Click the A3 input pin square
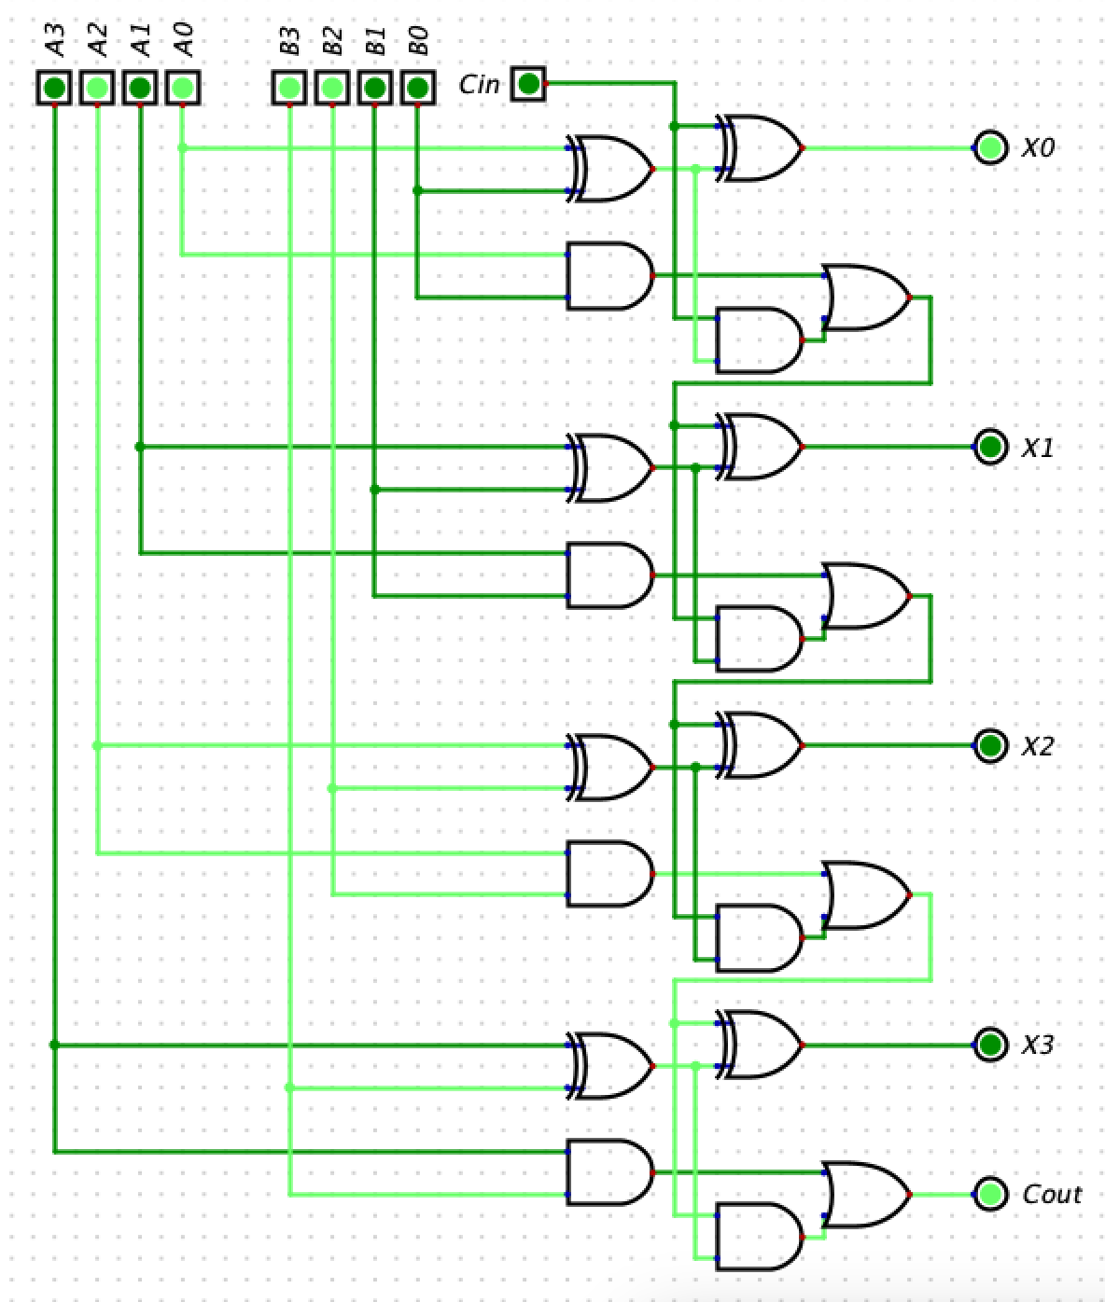[x=54, y=89]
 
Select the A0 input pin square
[x=183, y=89]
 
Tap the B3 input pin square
[x=289, y=89]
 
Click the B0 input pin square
[x=418, y=89]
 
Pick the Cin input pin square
[x=528, y=84]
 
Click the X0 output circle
[x=990, y=147]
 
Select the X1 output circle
[x=990, y=447]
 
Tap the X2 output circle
[x=990, y=745]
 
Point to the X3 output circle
[x=990, y=1045]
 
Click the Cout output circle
[x=990, y=1194]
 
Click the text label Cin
[x=479, y=85]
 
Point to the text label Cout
[x=1051, y=1195]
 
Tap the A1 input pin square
[x=140, y=89]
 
